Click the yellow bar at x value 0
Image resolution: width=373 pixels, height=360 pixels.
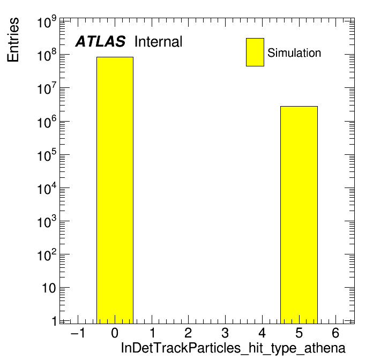(115, 190)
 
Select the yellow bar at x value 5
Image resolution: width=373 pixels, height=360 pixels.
(299, 215)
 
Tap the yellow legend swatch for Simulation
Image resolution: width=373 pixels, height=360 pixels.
(255, 52)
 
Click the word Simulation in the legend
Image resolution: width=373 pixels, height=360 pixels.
(294, 53)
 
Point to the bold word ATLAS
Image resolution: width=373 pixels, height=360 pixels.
(100, 41)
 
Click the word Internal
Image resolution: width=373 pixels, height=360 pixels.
(159, 42)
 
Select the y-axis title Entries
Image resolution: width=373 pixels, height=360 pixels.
(13, 40)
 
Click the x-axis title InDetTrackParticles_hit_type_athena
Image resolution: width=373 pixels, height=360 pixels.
(233, 348)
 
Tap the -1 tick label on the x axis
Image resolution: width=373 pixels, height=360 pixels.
(78, 333)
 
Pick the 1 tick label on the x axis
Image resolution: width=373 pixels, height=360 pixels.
(152, 333)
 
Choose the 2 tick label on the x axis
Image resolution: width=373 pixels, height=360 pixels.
(188, 333)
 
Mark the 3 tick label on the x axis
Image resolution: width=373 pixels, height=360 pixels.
(225, 333)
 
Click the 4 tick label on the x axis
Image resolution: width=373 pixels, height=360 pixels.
(262, 333)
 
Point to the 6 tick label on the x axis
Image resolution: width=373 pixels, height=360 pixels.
(335, 333)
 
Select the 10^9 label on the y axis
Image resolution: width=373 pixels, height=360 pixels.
(47, 22)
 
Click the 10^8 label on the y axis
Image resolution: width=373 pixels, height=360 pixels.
(47, 55)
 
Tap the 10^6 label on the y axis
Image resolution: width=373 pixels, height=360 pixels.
(47, 122)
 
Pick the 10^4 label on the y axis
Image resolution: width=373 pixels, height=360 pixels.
(47, 188)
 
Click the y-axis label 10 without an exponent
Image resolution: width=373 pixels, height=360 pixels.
(49, 288)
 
